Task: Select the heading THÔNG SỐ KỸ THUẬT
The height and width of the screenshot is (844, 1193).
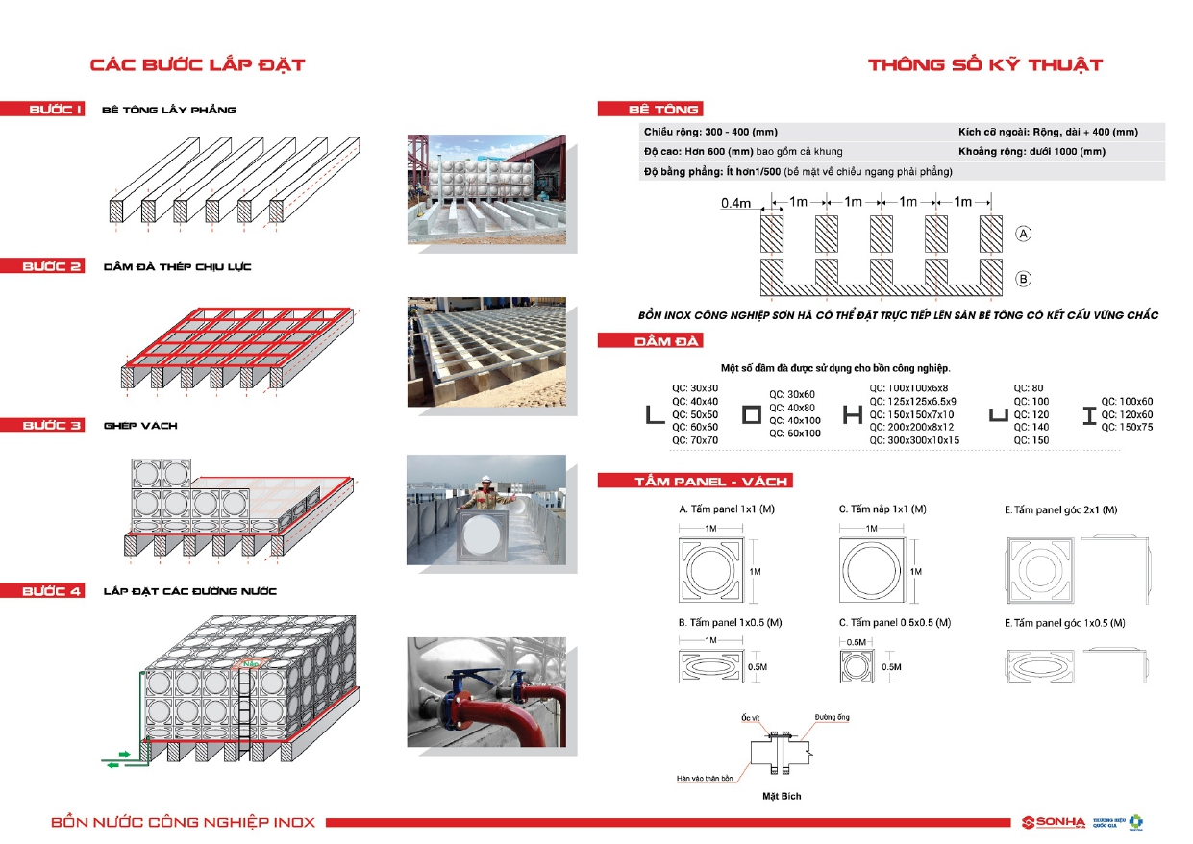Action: click(985, 65)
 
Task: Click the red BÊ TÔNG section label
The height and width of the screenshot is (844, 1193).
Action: click(650, 110)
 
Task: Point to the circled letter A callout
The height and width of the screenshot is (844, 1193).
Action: click(1024, 234)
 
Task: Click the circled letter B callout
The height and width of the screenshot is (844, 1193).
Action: click(1024, 280)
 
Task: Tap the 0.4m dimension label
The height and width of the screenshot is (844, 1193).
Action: click(735, 204)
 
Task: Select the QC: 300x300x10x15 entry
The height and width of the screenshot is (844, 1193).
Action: click(914, 440)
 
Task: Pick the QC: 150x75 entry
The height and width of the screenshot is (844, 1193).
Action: click(1127, 427)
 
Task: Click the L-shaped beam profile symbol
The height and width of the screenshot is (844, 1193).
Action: click(655, 414)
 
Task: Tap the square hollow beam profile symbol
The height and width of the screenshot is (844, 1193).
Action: click(753, 414)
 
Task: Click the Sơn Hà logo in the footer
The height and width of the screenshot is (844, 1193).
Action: click(1054, 822)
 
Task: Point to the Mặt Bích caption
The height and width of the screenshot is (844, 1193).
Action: click(782, 796)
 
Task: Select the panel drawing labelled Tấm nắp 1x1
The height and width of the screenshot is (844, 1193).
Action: click(871, 570)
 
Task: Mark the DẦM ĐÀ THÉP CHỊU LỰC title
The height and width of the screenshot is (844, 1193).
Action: click(178, 266)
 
